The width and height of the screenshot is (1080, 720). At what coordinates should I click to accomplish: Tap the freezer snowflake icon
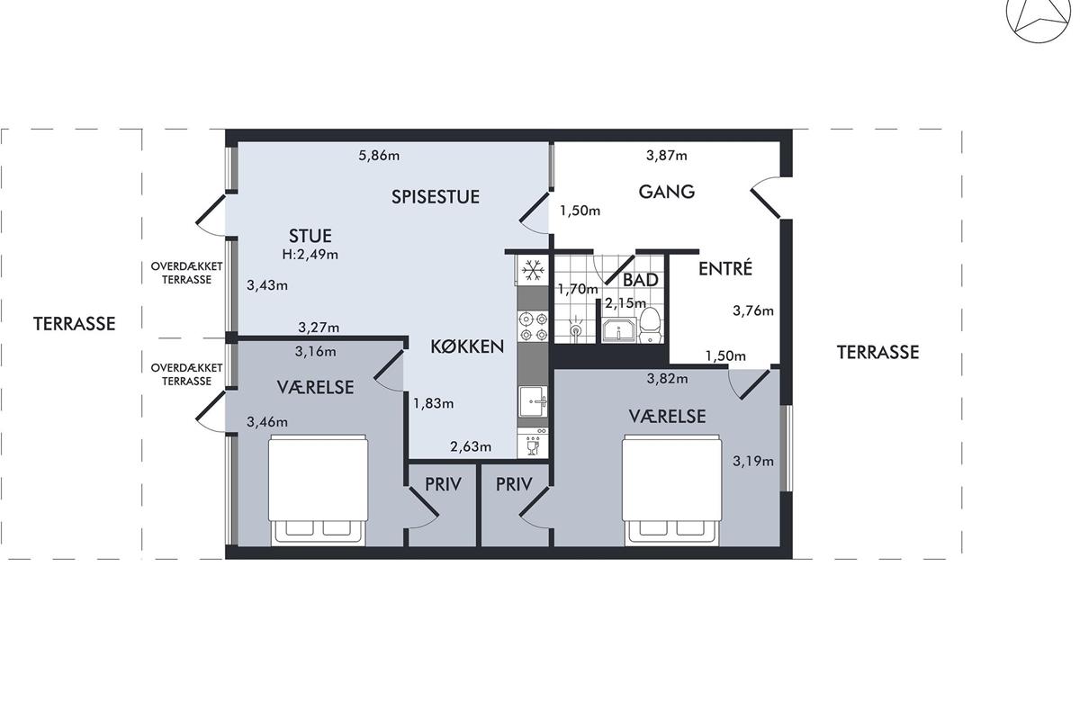click(533, 270)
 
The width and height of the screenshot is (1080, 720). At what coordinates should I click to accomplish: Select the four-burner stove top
click(533, 327)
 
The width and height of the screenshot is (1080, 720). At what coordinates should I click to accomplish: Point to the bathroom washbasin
click(618, 331)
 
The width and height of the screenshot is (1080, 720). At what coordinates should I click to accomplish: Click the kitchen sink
click(533, 401)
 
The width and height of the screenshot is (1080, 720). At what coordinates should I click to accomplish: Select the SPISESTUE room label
click(436, 197)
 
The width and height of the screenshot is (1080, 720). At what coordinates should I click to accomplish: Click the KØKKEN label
click(467, 346)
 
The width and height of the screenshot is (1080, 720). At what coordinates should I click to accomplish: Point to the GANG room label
click(667, 192)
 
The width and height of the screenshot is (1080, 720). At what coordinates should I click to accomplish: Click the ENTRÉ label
click(725, 268)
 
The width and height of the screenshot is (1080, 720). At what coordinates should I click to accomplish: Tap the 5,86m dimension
click(379, 156)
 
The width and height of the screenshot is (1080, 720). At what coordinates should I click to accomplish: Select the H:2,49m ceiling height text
click(310, 254)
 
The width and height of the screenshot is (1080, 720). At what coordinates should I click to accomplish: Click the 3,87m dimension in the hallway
click(667, 156)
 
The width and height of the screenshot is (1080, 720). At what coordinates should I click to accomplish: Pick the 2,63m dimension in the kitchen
click(471, 447)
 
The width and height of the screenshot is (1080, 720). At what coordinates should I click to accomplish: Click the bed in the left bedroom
click(318, 490)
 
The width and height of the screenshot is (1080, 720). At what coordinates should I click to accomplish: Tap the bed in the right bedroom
click(671, 490)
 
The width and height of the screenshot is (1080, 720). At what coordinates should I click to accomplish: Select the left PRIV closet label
click(443, 484)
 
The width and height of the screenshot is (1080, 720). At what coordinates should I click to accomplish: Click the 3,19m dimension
click(753, 462)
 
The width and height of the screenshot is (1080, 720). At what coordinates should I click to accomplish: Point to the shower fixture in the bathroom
click(576, 328)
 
